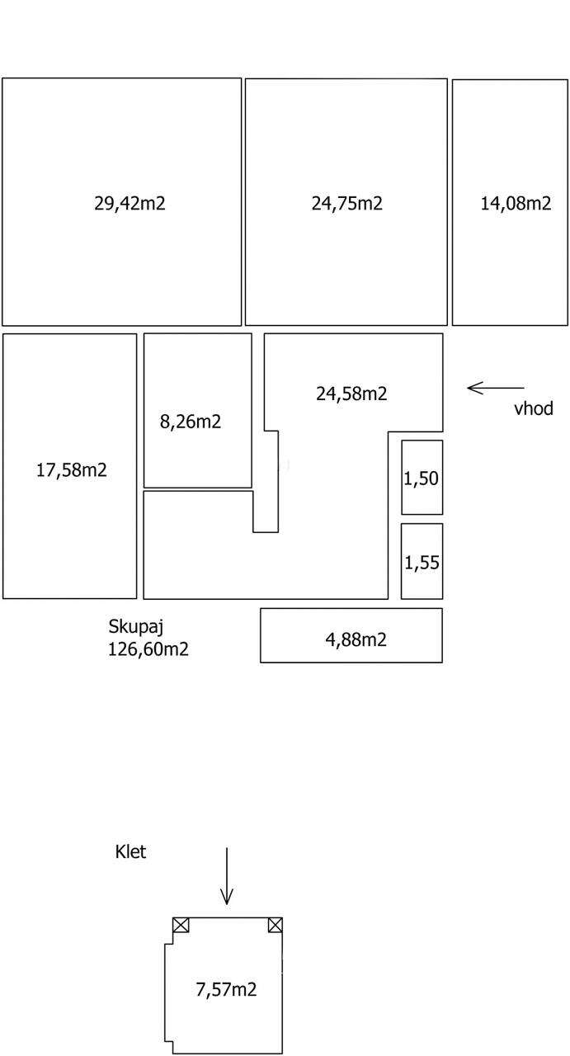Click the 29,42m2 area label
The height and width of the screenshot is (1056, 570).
click(130, 203)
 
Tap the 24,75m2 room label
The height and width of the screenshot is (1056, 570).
click(347, 203)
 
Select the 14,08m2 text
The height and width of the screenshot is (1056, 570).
click(516, 203)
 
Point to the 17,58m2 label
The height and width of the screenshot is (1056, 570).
click(72, 470)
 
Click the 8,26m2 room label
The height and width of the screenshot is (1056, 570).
click(191, 421)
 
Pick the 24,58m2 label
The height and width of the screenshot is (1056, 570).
click(351, 394)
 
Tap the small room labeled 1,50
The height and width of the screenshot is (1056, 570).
click(422, 477)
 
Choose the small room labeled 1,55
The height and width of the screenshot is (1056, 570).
click(422, 561)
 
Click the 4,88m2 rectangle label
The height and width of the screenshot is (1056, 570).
click(356, 639)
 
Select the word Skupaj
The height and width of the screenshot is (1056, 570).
click(136, 627)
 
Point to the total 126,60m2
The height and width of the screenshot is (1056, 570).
click(148, 649)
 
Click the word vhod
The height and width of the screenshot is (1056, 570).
click(534, 408)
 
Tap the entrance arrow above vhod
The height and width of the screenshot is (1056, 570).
click(496, 388)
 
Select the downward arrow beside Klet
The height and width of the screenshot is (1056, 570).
click(227, 876)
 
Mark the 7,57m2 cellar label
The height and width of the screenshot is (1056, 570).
click(226, 989)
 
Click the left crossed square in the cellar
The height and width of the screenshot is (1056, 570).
click(181, 925)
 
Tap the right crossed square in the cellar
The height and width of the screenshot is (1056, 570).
click(276, 925)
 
